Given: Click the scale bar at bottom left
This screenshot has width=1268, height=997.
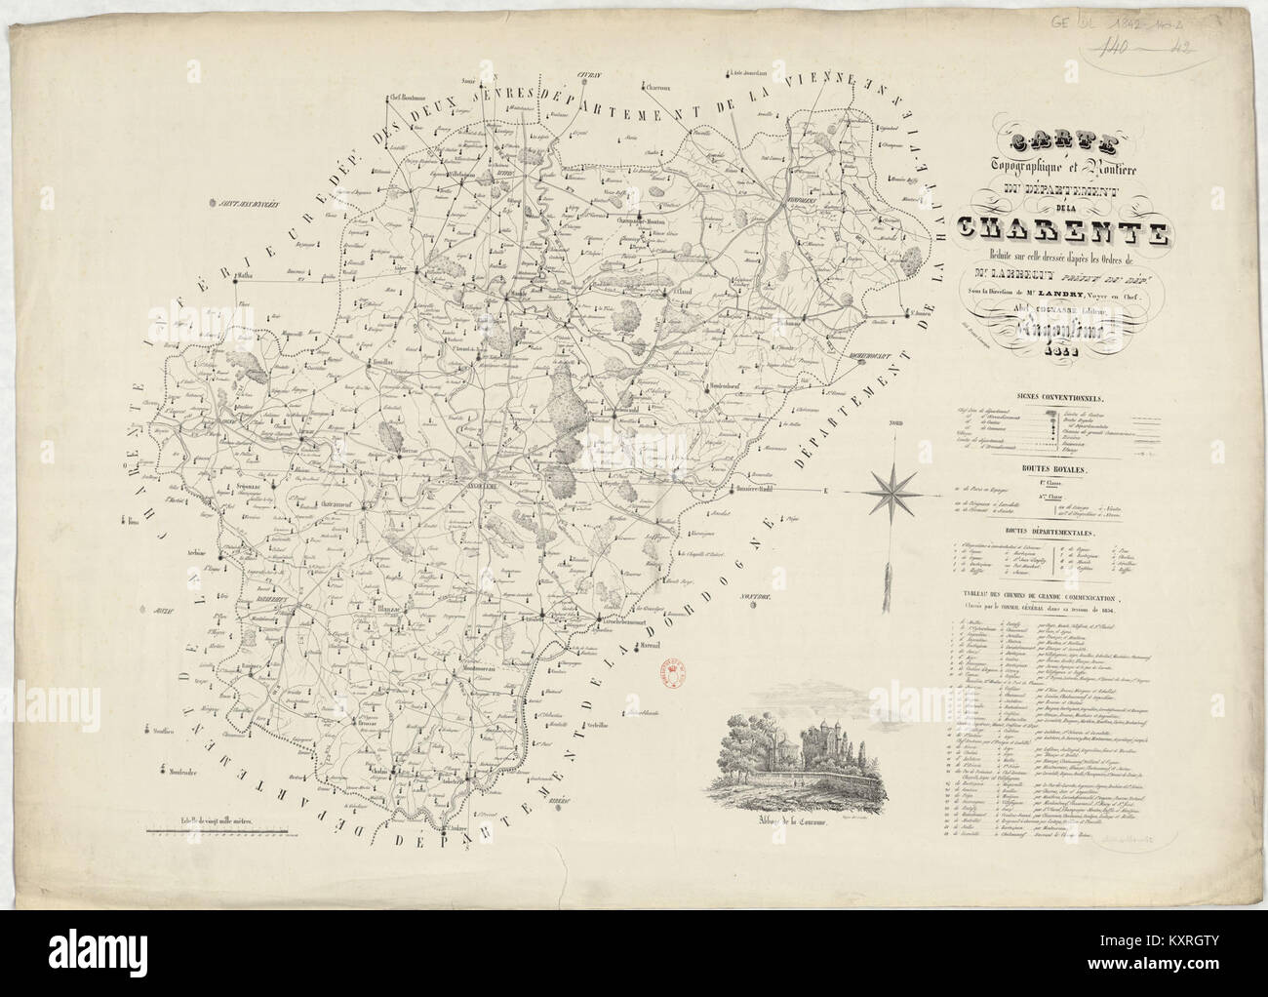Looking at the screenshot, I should coord(216,832).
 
